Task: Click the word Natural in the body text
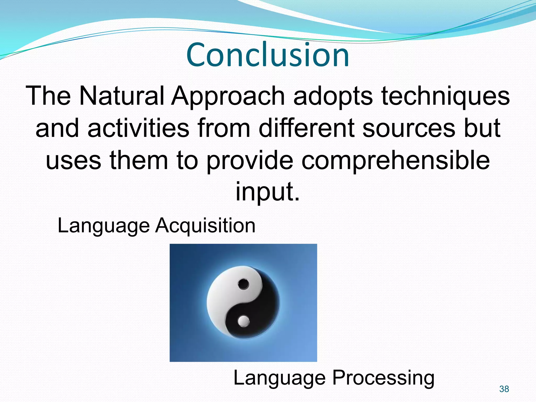point(122,96)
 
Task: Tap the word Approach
point(228,97)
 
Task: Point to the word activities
point(138,128)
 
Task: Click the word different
point(306,128)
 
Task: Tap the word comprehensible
point(395,160)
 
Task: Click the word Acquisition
point(205,226)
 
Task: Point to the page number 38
point(504,389)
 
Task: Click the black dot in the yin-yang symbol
point(244,284)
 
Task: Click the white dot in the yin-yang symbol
point(244,321)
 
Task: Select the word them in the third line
point(139,160)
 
